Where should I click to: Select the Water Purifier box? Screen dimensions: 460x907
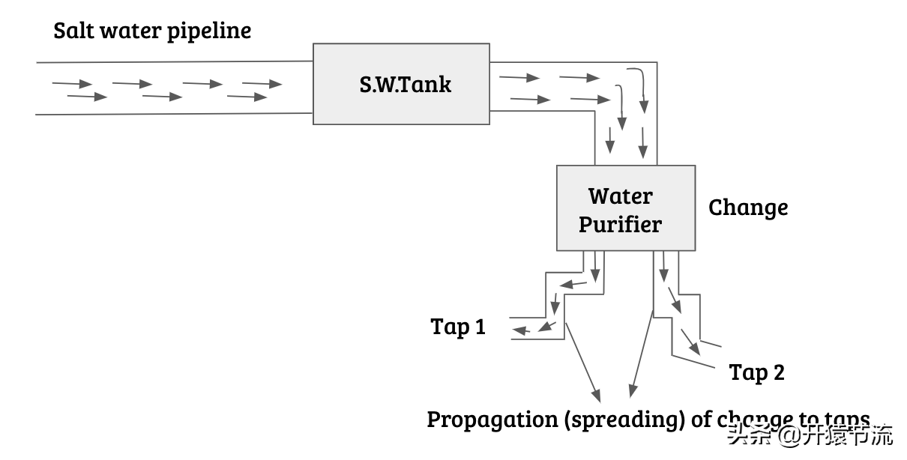pyautogui.click(x=625, y=208)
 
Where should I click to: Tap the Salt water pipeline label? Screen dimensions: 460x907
pyautogui.click(x=152, y=31)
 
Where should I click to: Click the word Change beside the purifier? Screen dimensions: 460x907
pyautogui.click(x=748, y=208)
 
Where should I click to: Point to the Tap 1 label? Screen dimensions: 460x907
pyautogui.click(x=457, y=327)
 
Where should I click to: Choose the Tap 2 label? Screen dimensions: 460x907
pyautogui.click(x=756, y=372)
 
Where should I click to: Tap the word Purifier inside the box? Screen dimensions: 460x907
pyautogui.click(x=620, y=224)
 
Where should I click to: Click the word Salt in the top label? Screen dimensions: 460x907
pyautogui.click(x=73, y=31)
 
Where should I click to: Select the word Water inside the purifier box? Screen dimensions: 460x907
pyautogui.click(x=620, y=196)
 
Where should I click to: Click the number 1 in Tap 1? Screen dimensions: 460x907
pyautogui.click(x=479, y=327)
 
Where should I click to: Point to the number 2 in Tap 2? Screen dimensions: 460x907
pyautogui.click(x=777, y=372)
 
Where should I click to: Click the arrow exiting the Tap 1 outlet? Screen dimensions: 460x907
pyautogui.click(x=522, y=330)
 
